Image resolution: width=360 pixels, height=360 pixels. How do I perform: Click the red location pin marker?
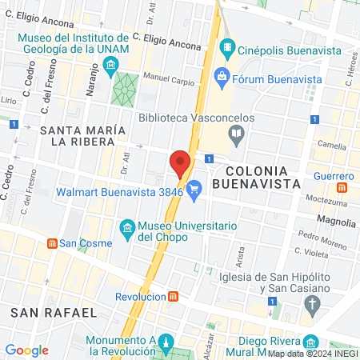[x=180, y=164]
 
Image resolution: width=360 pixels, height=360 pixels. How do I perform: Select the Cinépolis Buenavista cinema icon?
[x=228, y=48]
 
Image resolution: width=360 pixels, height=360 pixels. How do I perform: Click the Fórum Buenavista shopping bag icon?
[x=222, y=78]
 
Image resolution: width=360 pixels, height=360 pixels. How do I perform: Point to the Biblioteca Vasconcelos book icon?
[x=235, y=137]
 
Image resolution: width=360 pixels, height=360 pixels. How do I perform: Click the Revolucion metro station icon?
[x=174, y=295]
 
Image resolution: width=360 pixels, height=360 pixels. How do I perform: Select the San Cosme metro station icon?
[x=52, y=243]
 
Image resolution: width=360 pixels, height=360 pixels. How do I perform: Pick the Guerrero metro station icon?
[x=342, y=188]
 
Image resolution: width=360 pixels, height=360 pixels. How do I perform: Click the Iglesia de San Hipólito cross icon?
[x=311, y=304]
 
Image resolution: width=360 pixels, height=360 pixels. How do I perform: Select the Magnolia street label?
[x=336, y=219]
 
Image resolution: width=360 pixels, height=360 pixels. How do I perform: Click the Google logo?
[x=27, y=350]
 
